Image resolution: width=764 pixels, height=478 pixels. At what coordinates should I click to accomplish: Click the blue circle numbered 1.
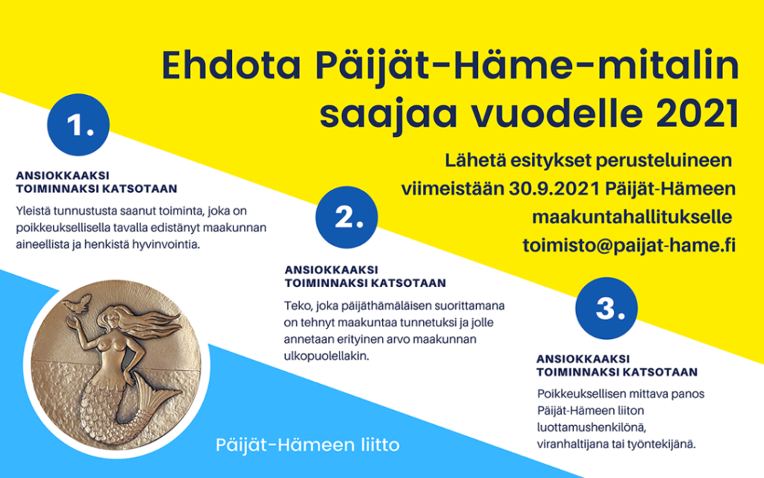tap(78, 125)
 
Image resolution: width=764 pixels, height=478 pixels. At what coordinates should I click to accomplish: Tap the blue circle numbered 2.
tap(347, 217)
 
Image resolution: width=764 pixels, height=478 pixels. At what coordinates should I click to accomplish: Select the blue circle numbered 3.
tap(607, 308)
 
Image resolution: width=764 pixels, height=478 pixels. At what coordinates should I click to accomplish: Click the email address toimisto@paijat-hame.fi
tap(629, 245)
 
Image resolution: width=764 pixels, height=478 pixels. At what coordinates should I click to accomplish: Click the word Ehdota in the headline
tap(231, 66)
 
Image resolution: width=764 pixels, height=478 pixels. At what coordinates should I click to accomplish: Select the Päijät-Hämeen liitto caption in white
tap(307, 445)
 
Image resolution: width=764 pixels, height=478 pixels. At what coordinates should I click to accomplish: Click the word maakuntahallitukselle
tap(631, 217)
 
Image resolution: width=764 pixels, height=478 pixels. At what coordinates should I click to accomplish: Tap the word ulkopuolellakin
tap(327, 356)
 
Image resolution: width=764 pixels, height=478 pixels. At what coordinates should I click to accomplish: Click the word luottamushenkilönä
tap(592, 427)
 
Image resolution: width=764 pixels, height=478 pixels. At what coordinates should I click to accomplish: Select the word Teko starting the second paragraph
tap(297, 305)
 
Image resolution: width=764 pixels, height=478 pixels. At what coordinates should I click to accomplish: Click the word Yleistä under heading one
tap(33, 211)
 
